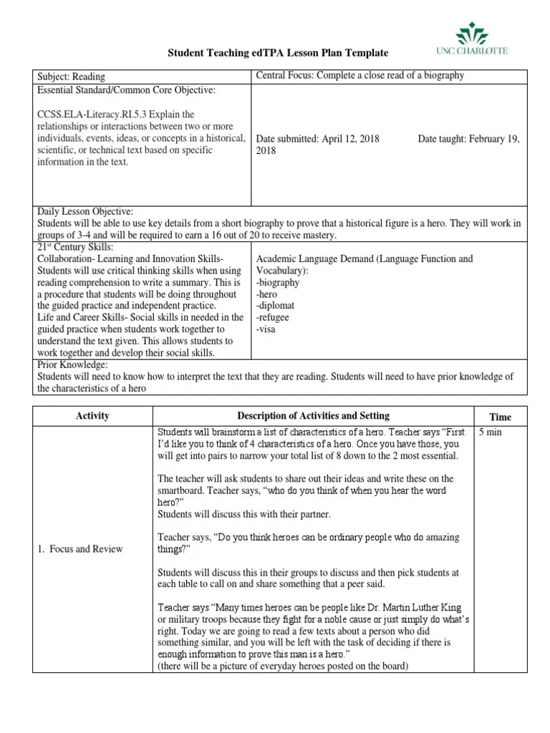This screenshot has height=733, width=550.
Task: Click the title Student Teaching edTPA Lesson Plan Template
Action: (x=278, y=53)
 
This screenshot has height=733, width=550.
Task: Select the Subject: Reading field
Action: (x=71, y=77)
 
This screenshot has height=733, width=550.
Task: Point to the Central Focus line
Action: (x=360, y=75)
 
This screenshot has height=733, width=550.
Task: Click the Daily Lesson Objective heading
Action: (x=85, y=211)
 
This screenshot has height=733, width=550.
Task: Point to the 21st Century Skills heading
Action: (x=75, y=246)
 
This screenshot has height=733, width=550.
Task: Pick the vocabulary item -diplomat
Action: (x=276, y=306)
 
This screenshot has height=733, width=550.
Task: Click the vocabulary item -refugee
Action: (x=274, y=318)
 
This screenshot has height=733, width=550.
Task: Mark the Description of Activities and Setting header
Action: (x=313, y=416)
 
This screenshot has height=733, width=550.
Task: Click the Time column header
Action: (x=500, y=417)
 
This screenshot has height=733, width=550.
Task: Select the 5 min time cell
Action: (x=491, y=432)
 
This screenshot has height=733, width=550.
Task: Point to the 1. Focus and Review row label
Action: (x=79, y=549)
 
